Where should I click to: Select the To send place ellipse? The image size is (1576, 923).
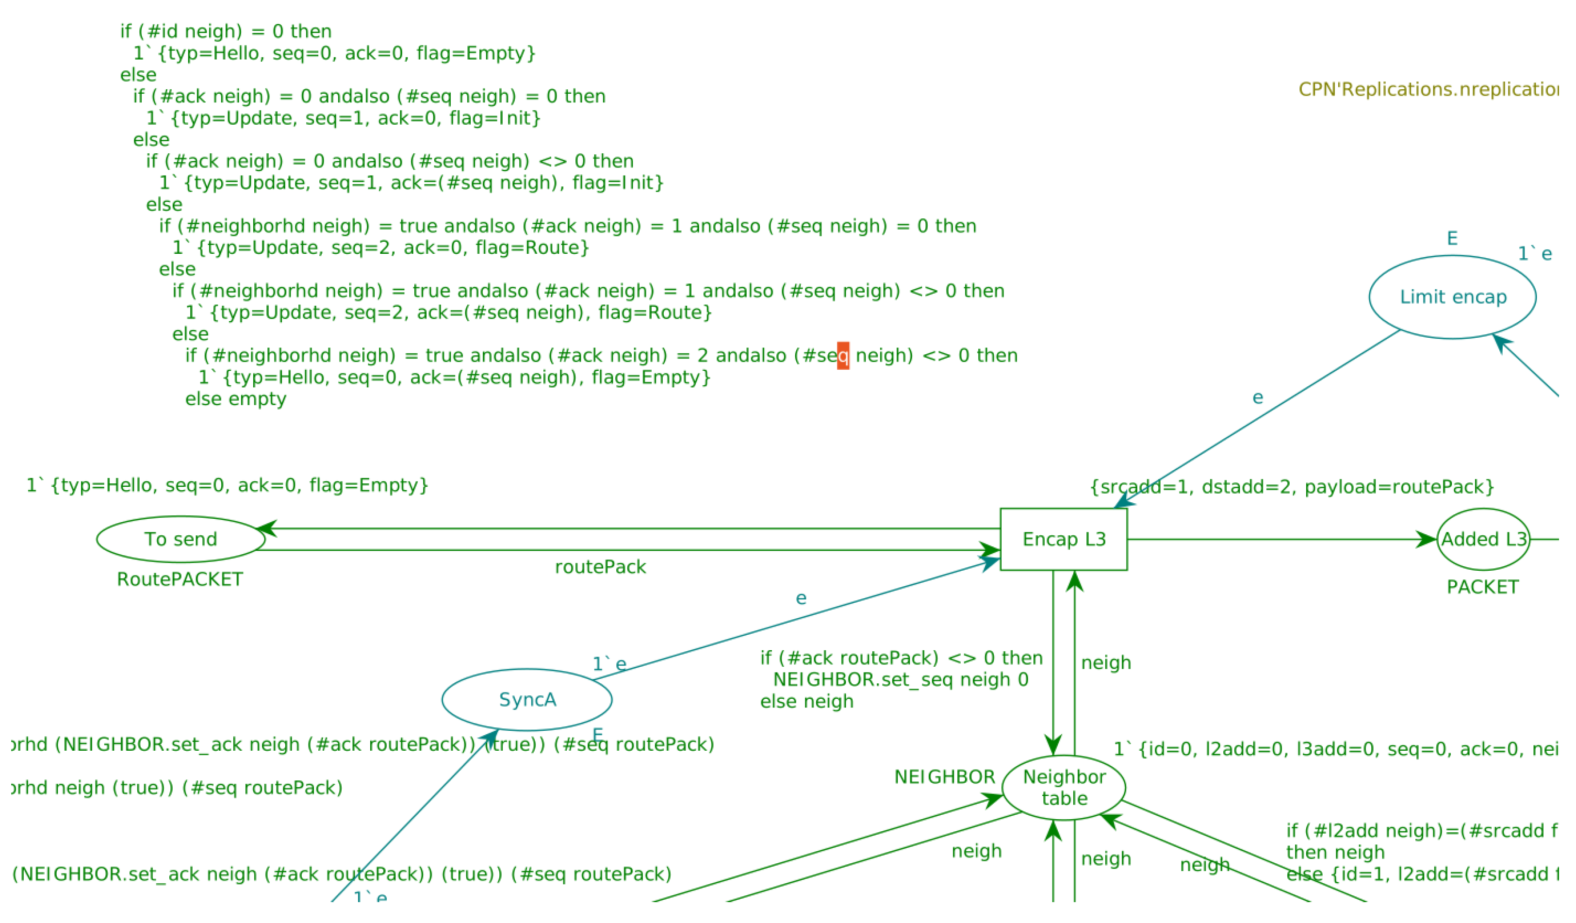(182, 544)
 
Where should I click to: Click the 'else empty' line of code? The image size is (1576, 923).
(238, 403)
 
